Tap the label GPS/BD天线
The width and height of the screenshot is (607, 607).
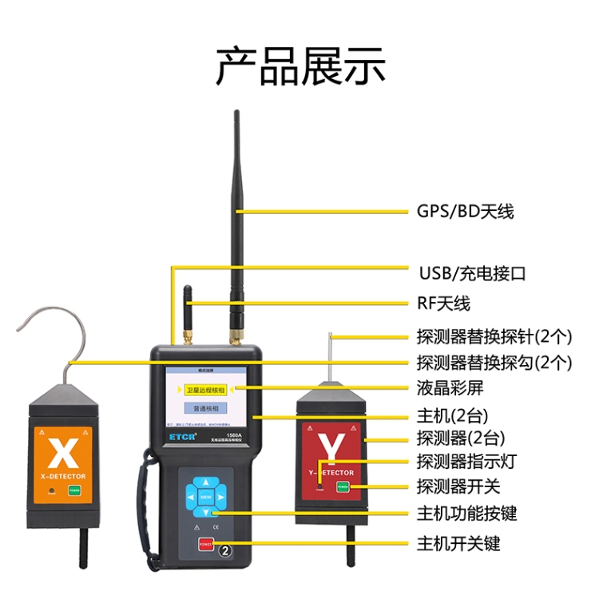click(465, 212)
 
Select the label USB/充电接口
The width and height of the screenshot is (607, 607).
click(472, 273)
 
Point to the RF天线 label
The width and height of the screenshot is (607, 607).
click(443, 303)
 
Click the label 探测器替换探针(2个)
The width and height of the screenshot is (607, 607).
click(494, 336)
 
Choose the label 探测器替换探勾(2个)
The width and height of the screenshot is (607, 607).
click(494, 362)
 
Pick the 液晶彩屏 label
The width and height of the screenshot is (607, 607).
click(450, 388)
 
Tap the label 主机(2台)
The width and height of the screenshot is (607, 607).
click(453, 415)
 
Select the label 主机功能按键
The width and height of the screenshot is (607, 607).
click(466, 513)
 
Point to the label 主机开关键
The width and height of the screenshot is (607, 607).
click(458, 544)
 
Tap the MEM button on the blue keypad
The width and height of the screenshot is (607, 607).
click(205, 498)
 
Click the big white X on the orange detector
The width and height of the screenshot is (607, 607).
click(61, 452)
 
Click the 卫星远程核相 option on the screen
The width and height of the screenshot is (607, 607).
click(205, 390)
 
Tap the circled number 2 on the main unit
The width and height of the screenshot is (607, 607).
click(226, 551)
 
